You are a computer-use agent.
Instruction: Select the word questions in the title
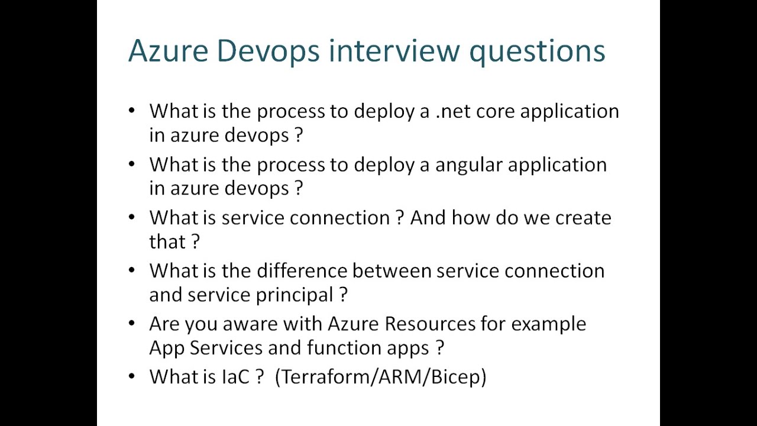(x=537, y=51)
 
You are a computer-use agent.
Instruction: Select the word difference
(x=302, y=271)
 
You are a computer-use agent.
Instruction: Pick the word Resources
(x=430, y=324)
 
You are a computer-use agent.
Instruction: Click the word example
(x=548, y=324)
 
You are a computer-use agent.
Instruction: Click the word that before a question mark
(x=167, y=241)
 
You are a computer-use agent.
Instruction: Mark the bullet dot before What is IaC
(x=131, y=376)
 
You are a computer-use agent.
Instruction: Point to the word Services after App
(x=227, y=347)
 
